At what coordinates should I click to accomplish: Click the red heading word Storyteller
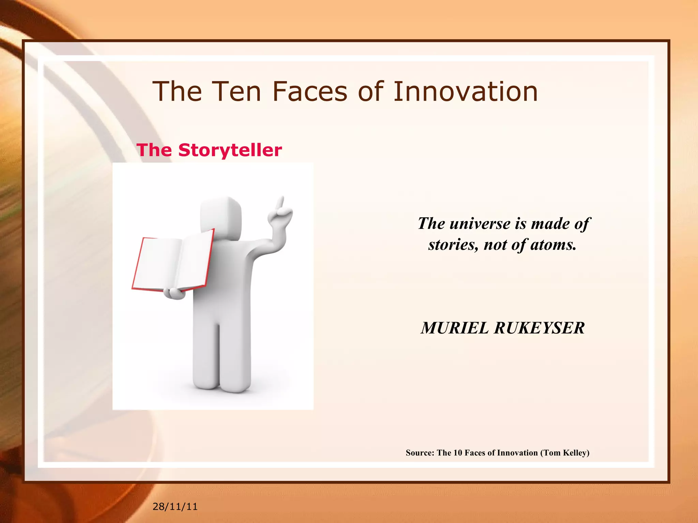[230, 150]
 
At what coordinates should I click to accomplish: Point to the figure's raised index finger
[280, 203]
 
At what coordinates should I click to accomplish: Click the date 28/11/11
[175, 506]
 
